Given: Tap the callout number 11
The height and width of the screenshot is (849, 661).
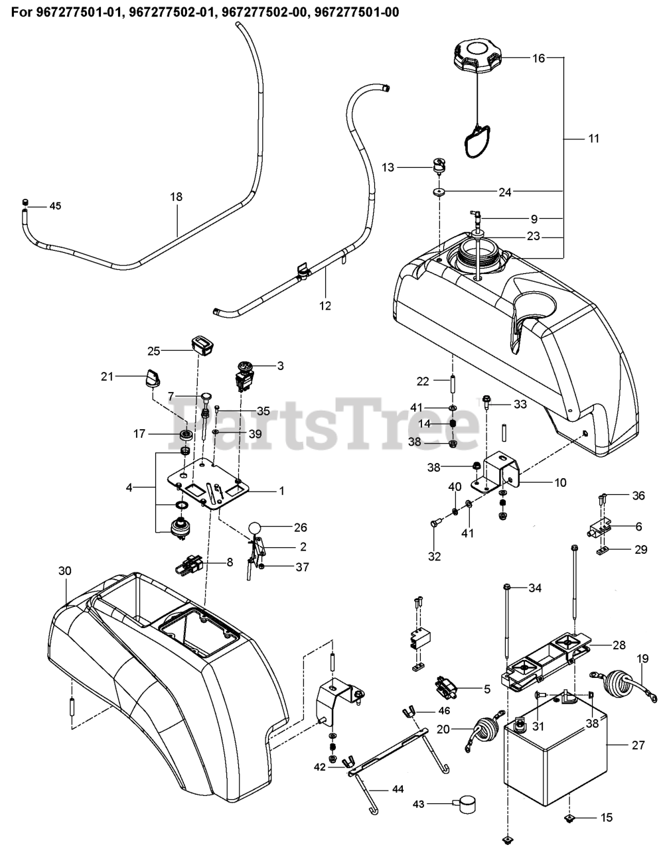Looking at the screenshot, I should [593, 139].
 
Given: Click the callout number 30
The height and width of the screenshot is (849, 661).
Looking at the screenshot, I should [64, 571].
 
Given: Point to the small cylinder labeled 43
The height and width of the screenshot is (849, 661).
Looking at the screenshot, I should [466, 805].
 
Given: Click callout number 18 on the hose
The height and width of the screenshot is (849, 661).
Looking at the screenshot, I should [176, 197].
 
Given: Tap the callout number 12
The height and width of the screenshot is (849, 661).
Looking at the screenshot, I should [325, 306].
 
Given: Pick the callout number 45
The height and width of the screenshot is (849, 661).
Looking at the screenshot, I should [54, 206].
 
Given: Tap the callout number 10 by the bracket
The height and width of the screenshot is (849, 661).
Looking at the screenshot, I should [560, 483].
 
